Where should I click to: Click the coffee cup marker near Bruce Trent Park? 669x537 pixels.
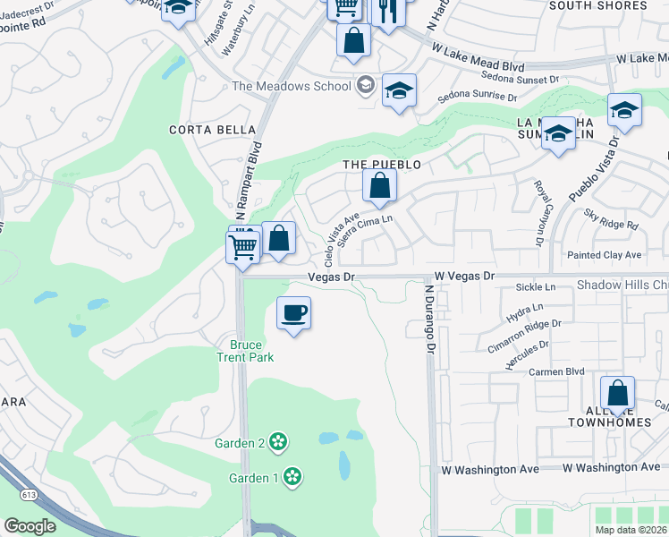[x=293, y=314]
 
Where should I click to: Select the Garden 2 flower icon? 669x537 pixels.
[x=278, y=442]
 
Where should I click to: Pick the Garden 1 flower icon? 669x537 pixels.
[x=292, y=477]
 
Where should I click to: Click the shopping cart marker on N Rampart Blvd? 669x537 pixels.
[x=243, y=247]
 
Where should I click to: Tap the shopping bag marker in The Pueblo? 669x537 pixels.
[x=380, y=186]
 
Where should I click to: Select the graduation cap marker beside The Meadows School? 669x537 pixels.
[x=399, y=90]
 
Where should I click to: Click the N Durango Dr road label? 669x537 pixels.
[x=430, y=318]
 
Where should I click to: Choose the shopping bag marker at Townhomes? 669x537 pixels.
[x=617, y=394]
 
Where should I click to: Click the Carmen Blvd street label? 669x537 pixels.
[x=555, y=371]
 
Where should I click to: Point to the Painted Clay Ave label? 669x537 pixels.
[x=604, y=255]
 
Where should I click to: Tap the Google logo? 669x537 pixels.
[x=30, y=526]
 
